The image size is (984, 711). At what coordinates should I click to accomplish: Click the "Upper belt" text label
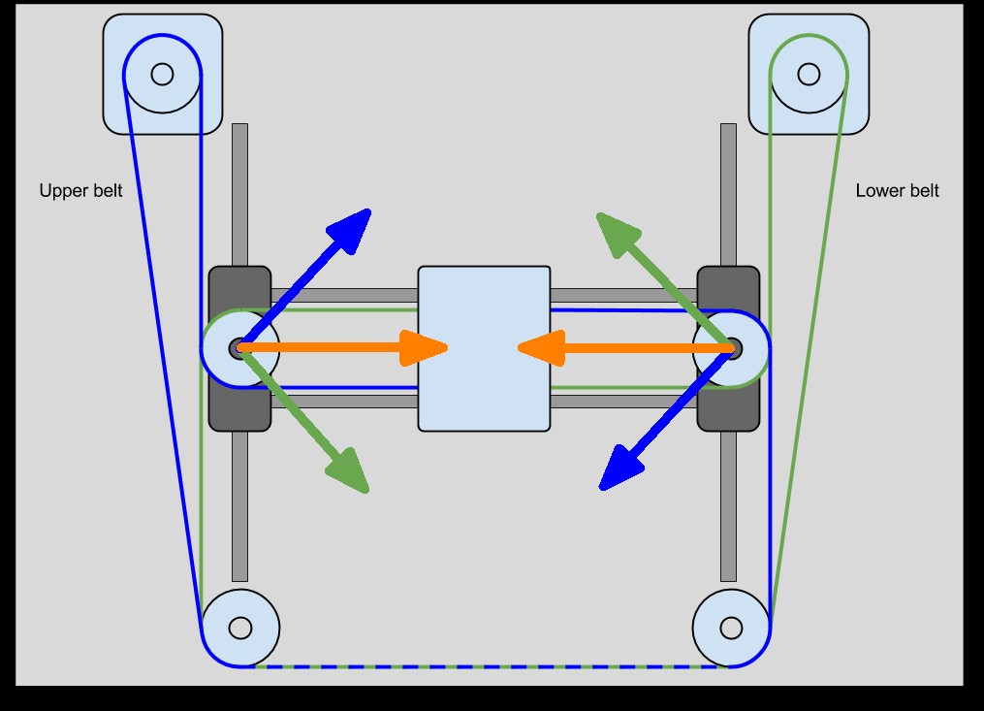80,191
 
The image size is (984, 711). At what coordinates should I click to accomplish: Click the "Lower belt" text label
897,191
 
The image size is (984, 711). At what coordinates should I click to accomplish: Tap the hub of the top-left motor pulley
162,74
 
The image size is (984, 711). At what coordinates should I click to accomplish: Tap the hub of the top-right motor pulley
809,74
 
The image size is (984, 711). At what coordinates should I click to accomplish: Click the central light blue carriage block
484,388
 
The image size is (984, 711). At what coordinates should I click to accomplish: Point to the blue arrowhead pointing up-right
351,229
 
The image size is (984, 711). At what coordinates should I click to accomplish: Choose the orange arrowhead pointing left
542,347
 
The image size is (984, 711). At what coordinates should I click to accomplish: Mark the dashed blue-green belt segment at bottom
485,666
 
